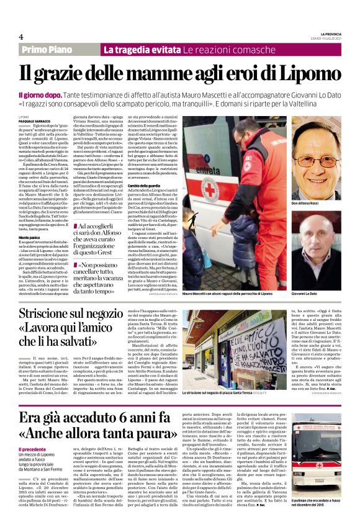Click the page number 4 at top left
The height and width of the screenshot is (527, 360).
21,36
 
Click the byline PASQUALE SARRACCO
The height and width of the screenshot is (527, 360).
32,121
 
